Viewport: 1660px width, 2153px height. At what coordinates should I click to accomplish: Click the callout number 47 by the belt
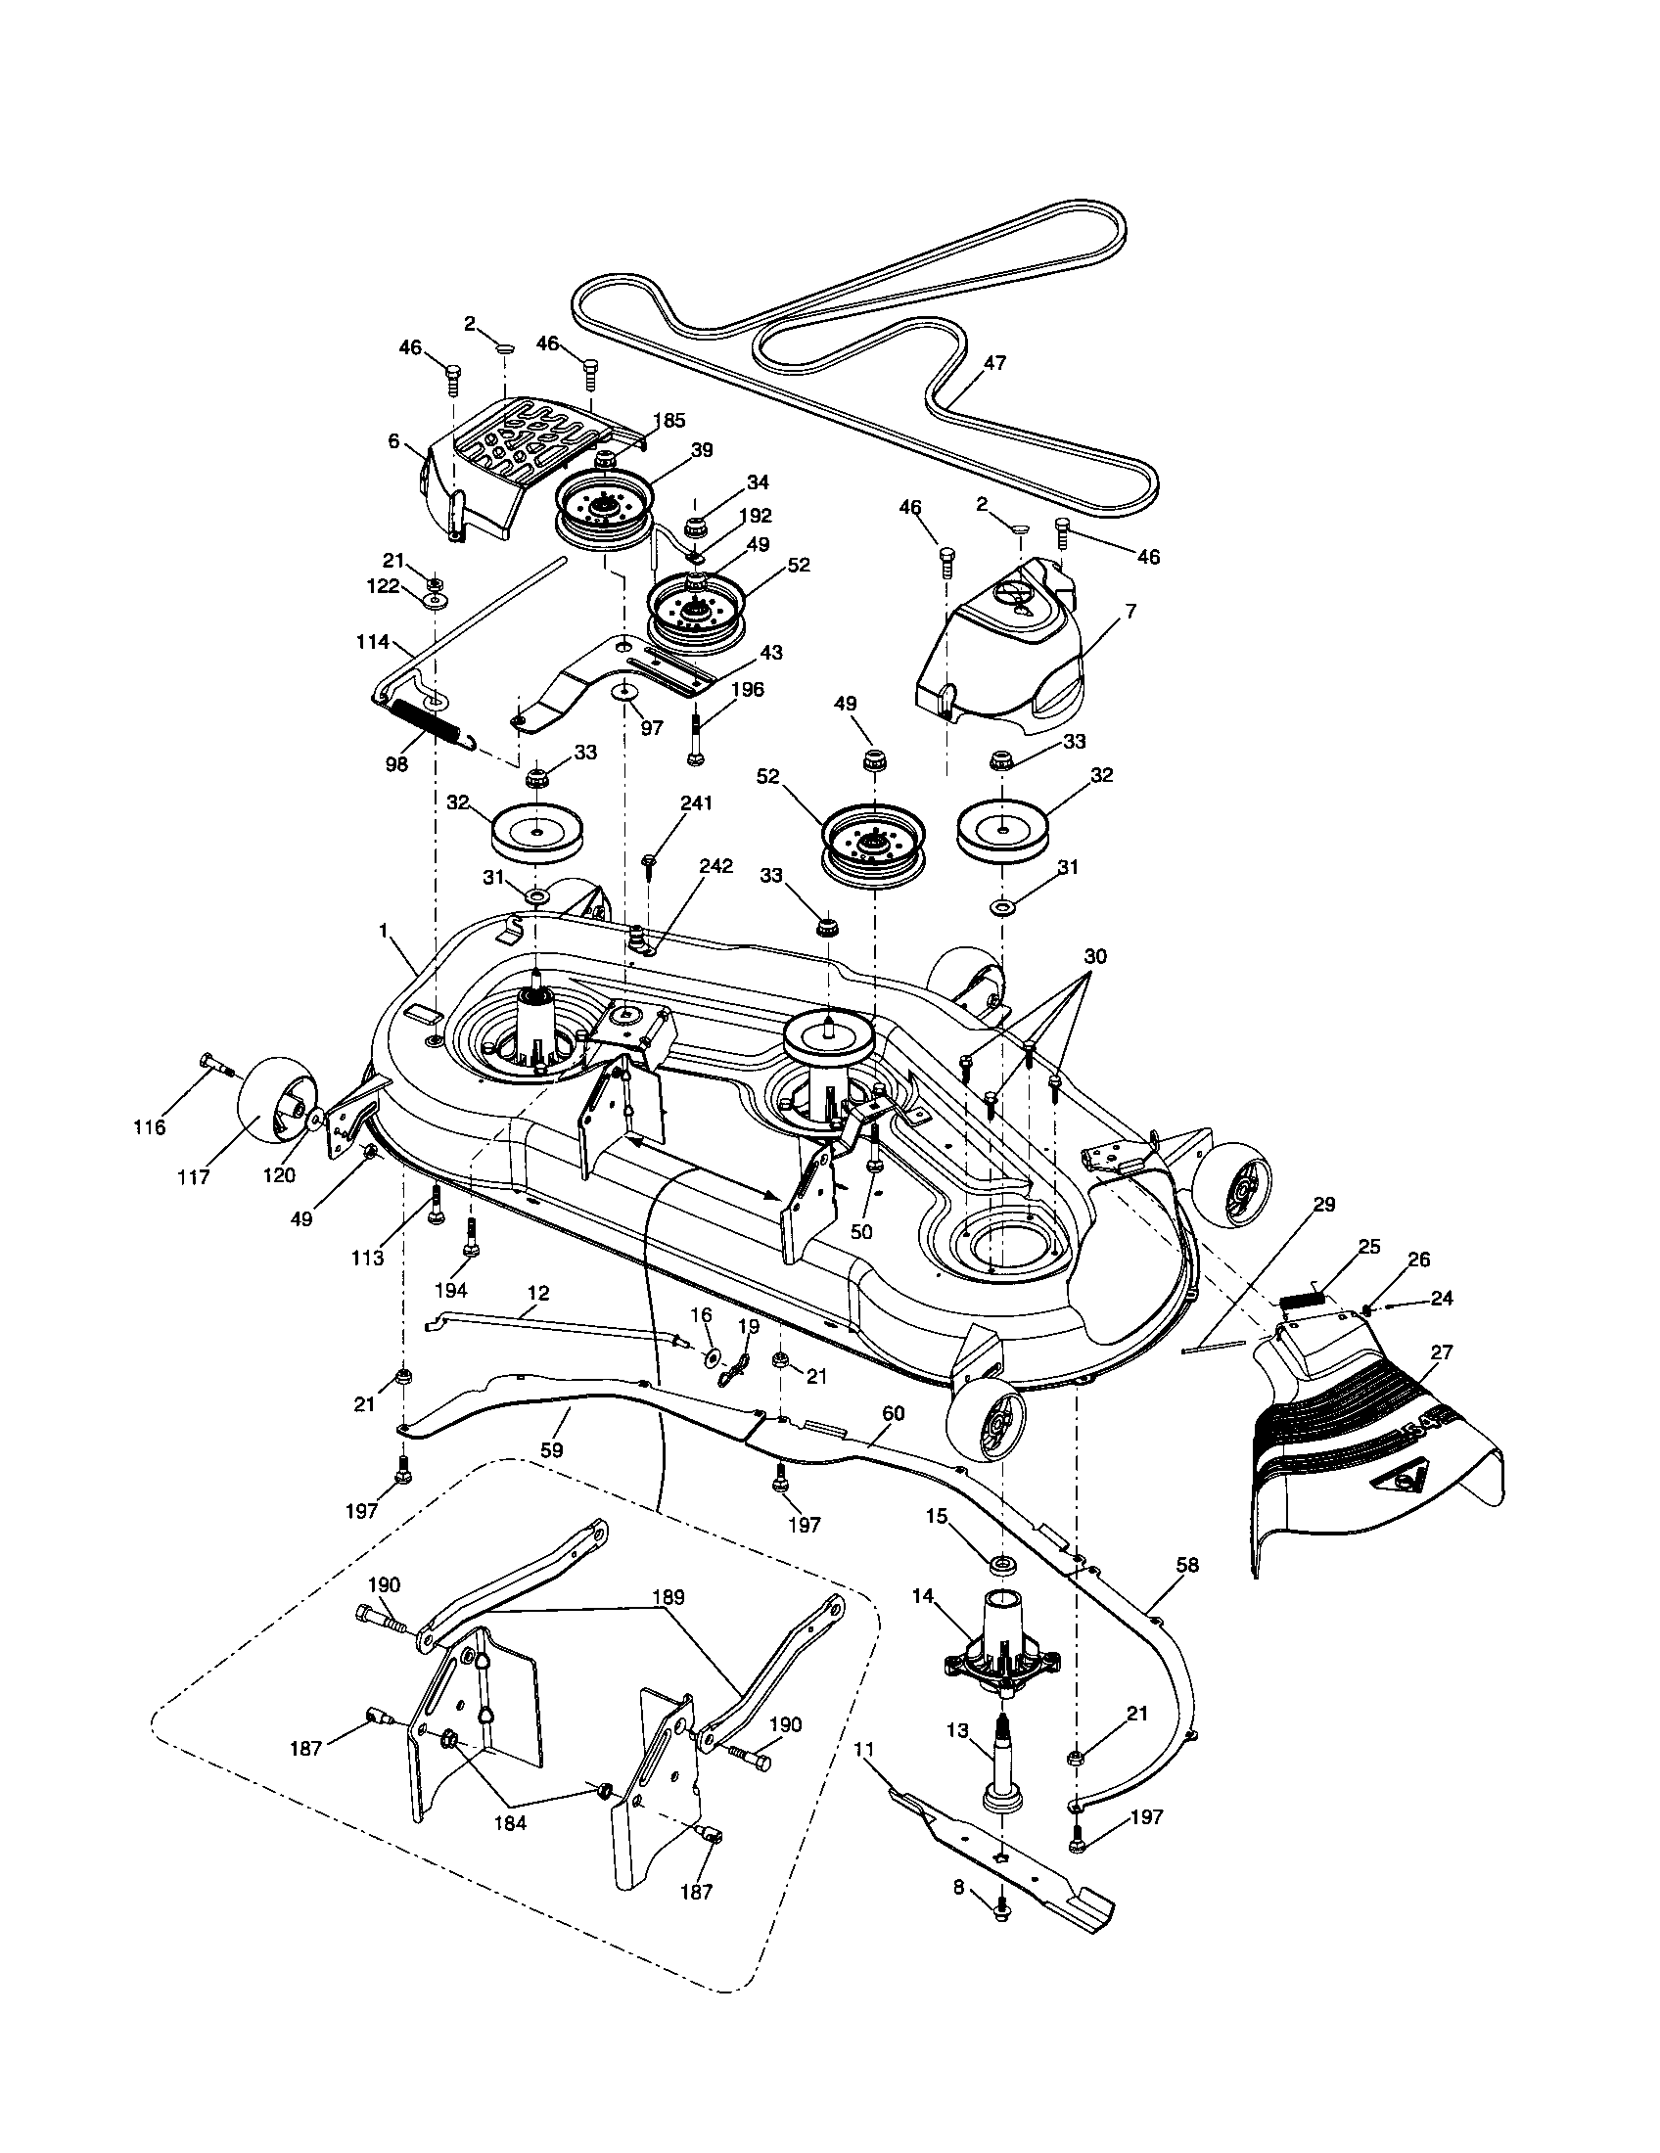[x=994, y=363]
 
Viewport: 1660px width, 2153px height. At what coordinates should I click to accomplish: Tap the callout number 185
[x=669, y=421]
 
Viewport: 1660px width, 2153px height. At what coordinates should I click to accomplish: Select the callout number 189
[x=668, y=1596]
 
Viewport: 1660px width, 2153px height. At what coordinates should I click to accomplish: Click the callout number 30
[x=1094, y=956]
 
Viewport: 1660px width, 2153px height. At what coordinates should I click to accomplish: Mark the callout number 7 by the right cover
[x=1130, y=612]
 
